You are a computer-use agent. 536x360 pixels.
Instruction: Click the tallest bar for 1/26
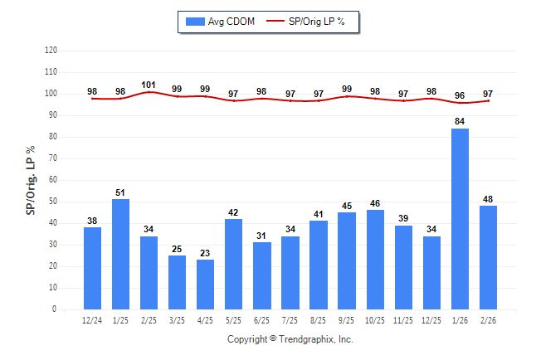(x=460, y=219)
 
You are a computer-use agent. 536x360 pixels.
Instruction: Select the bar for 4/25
(x=206, y=285)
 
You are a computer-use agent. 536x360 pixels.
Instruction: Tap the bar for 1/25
(x=121, y=254)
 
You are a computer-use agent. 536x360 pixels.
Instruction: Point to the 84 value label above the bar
(x=460, y=122)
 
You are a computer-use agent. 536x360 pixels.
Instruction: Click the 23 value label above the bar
(x=206, y=253)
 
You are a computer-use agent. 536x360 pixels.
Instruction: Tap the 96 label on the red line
(x=460, y=95)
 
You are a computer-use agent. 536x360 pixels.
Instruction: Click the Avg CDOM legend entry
(x=217, y=21)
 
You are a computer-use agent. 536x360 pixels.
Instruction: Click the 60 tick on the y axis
(x=52, y=180)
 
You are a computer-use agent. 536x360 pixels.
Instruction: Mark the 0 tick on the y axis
(x=55, y=309)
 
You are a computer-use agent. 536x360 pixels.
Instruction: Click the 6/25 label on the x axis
(x=262, y=320)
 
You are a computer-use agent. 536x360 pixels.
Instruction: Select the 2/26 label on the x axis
(x=488, y=320)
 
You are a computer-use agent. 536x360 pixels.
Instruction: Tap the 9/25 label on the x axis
(x=347, y=320)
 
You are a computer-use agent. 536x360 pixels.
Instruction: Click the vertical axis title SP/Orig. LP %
(x=31, y=180)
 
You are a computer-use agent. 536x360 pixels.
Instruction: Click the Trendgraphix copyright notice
(x=290, y=339)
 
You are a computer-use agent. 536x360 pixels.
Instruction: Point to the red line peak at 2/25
(x=149, y=92)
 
